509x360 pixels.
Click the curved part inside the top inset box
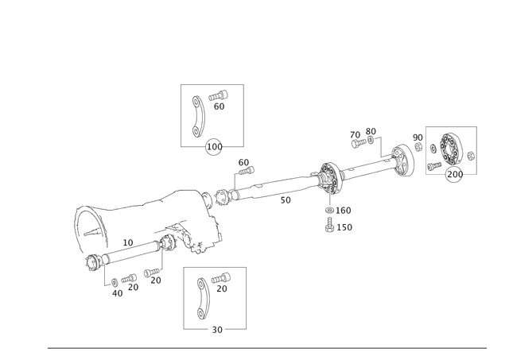coord(198,114)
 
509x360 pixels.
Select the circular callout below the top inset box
coord(213,146)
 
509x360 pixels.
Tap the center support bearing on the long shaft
coord(330,177)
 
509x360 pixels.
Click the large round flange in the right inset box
coord(450,149)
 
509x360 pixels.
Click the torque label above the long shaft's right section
coord(363,137)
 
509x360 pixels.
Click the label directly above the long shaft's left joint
coord(244,165)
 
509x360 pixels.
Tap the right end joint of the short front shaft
coord(165,243)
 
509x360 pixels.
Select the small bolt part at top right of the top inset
coord(218,98)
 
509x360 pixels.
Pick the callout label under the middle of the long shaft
coord(285,201)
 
